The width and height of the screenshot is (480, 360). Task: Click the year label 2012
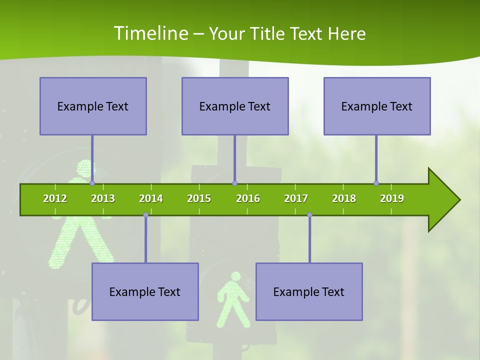coord(55,198)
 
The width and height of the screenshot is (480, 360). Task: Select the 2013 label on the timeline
coord(103,198)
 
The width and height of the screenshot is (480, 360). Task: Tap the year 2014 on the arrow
coord(151,198)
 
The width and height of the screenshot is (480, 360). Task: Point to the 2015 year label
coord(199,198)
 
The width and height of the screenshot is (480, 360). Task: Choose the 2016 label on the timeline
coord(248,198)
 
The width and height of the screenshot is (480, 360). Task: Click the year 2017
coord(296,198)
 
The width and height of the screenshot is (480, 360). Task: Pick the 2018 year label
coord(344,198)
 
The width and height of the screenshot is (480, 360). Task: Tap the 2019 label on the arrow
coord(392,198)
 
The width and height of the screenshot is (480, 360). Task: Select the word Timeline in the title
coord(150,33)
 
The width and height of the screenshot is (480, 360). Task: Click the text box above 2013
coord(93,106)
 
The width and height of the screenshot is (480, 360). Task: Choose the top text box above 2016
coord(235,106)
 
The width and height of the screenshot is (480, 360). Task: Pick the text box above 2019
coord(377,106)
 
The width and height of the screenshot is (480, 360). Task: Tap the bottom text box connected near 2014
coord(145,291)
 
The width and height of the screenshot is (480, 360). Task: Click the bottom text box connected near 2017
coord(309,291)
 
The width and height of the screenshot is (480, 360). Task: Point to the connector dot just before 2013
coord(92,183)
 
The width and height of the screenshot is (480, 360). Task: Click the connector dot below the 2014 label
coord(145,215)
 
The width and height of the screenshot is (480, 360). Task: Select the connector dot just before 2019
coord(376,183)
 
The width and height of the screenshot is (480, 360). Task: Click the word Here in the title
coord(346,33)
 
